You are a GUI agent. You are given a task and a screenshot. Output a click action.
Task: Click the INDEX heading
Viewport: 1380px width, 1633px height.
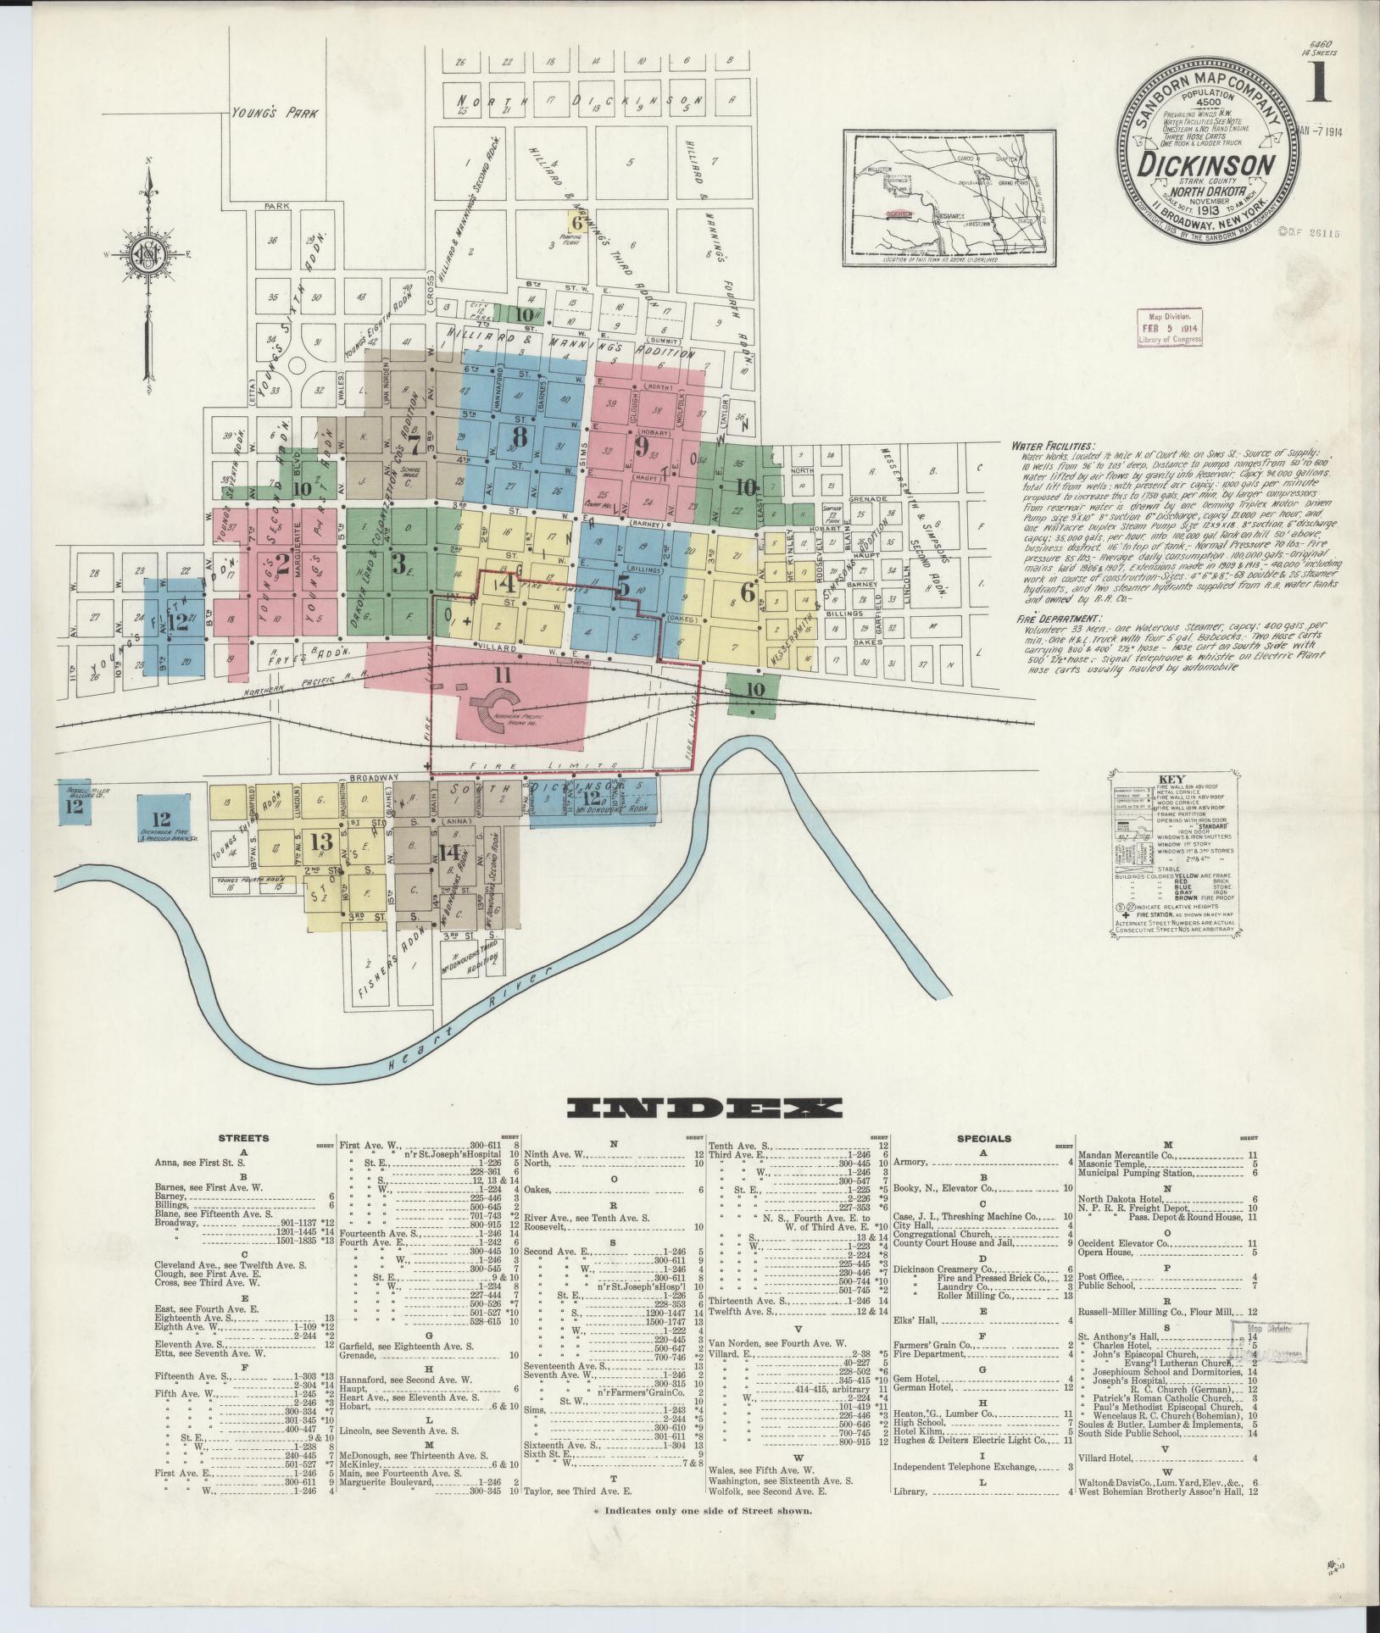[x=704, y=1108]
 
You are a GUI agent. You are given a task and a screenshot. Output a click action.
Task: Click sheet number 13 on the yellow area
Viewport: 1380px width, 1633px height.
[x=321, y=841]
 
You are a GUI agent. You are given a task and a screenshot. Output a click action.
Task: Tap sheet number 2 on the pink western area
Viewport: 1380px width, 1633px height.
[x=282, y=564]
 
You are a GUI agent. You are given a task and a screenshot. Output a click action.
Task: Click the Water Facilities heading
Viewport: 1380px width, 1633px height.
[x=1051, y=445]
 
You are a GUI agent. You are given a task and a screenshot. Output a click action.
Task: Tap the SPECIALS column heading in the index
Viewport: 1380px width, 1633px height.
[x=984, y=1138]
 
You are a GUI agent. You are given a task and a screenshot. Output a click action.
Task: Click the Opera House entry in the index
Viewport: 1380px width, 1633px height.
[x=1105, y=1253]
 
